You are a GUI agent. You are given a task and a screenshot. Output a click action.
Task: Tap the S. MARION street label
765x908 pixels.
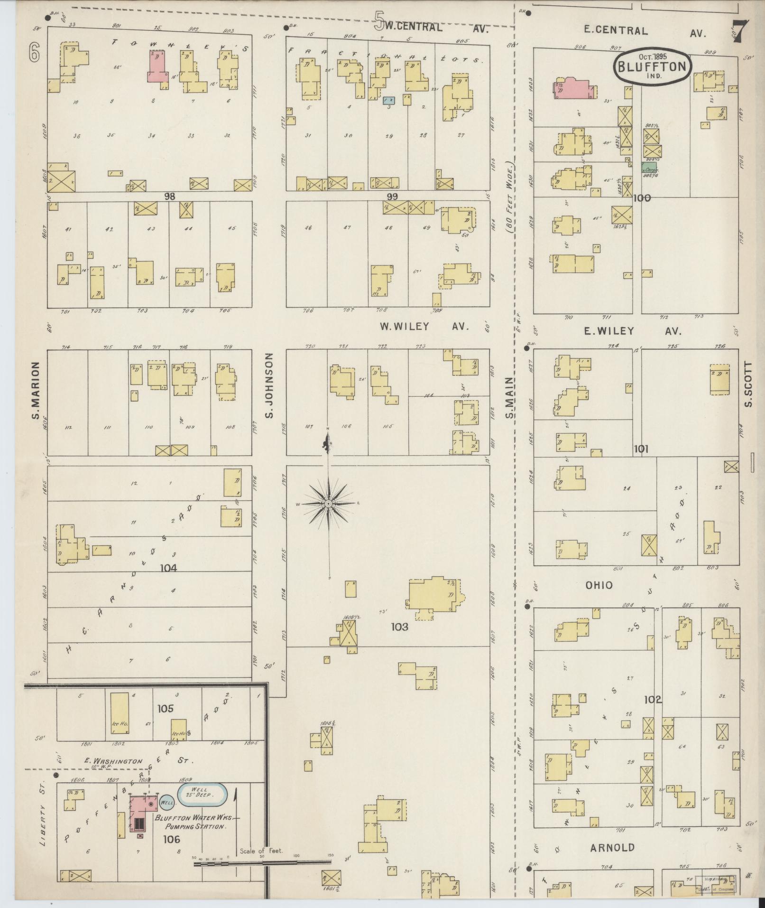click(x=35, y=390)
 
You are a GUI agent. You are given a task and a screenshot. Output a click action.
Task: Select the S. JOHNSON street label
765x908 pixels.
click(x=269, y=385)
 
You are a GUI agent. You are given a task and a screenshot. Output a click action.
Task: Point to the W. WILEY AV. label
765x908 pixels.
click(x=424, y=327)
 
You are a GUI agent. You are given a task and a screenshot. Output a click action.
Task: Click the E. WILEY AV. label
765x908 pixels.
click(x=632, y=331)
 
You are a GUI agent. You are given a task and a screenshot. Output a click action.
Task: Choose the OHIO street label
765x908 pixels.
click(x=599, y=585)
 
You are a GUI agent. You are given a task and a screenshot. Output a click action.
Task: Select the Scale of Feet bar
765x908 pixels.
click(x=262, y=861)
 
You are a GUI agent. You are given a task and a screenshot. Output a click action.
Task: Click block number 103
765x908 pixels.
click(x=399, y=627)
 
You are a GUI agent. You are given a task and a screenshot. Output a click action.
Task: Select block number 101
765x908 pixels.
click(x=641, y=449)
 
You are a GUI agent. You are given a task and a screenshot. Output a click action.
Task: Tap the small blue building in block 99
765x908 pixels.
click(x=389, y=100)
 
